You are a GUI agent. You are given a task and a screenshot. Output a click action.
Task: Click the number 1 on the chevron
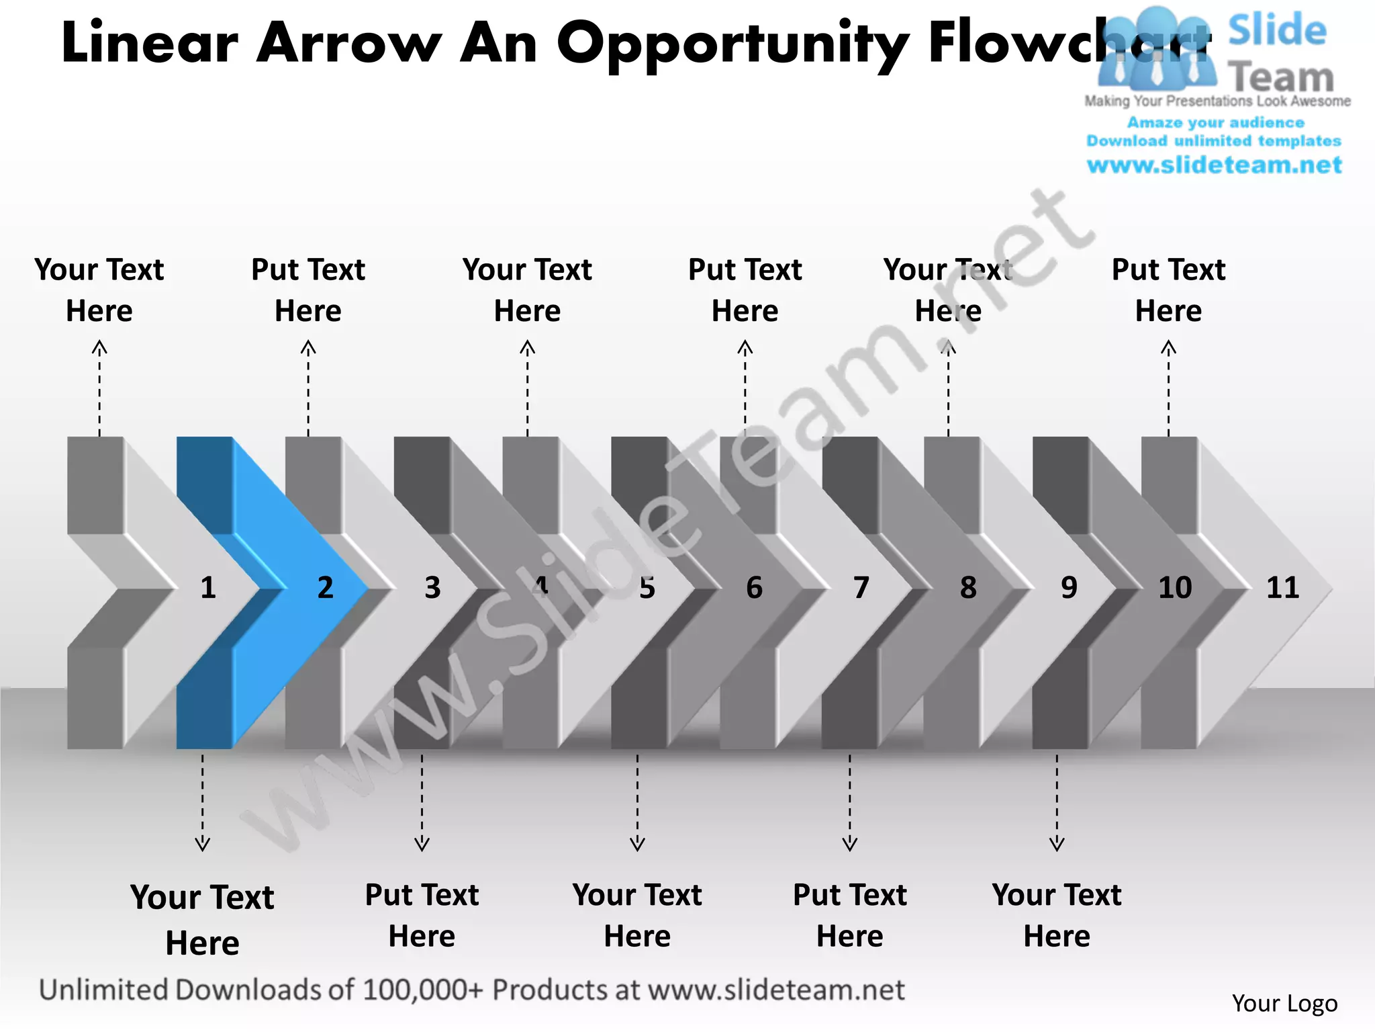coord(208,588)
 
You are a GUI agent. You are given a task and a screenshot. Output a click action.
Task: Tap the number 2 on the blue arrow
coord(326,588)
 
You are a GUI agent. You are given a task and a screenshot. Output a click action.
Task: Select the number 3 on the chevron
coord(433,588)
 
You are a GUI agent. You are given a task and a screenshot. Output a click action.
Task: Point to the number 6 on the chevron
coord(755,588)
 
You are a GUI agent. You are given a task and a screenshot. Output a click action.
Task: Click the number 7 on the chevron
coord(861,588)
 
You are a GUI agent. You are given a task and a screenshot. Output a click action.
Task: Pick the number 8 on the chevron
coord(968,588)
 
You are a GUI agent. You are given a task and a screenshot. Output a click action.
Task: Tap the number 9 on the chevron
coord(1070,588)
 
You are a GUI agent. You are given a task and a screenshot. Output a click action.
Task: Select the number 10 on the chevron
coord(1175,588)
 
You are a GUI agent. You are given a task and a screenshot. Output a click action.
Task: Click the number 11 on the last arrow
coord(1282,588)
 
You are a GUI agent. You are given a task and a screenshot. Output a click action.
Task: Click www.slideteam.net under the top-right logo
coord(1214,165)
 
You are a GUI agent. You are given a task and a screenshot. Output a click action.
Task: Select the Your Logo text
coord(1284,1003)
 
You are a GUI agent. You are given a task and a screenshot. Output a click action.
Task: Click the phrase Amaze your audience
coord(1215,122)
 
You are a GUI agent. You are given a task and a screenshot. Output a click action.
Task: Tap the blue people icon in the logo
coord(1156,50)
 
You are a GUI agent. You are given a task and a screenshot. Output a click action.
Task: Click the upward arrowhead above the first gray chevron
coord(99,347)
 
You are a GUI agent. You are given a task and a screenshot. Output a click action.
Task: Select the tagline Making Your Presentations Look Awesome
coord(1217,101)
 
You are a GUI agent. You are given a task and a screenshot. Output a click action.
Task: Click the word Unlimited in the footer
coord(104,990)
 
